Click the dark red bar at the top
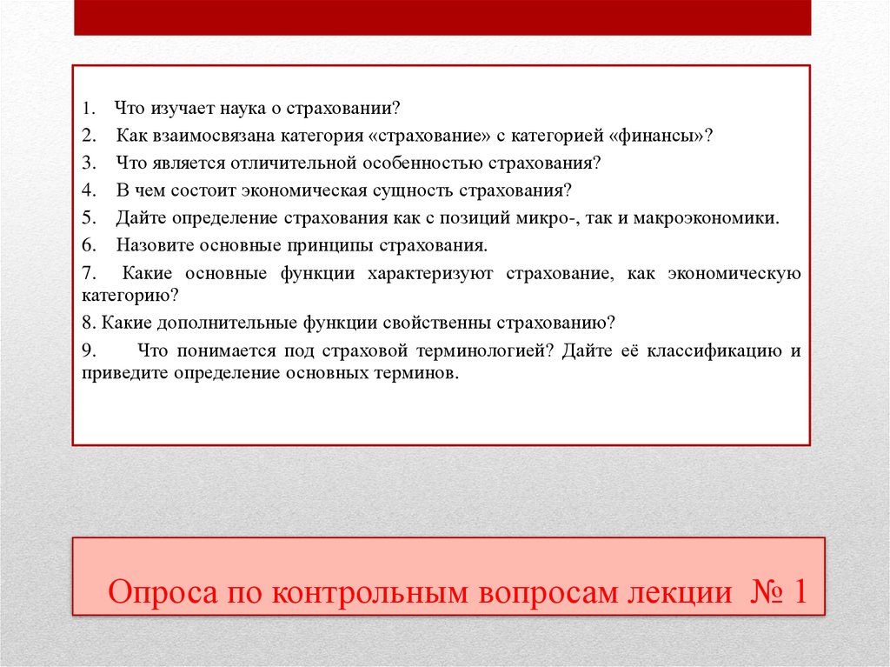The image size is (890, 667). tap(442, 17)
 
